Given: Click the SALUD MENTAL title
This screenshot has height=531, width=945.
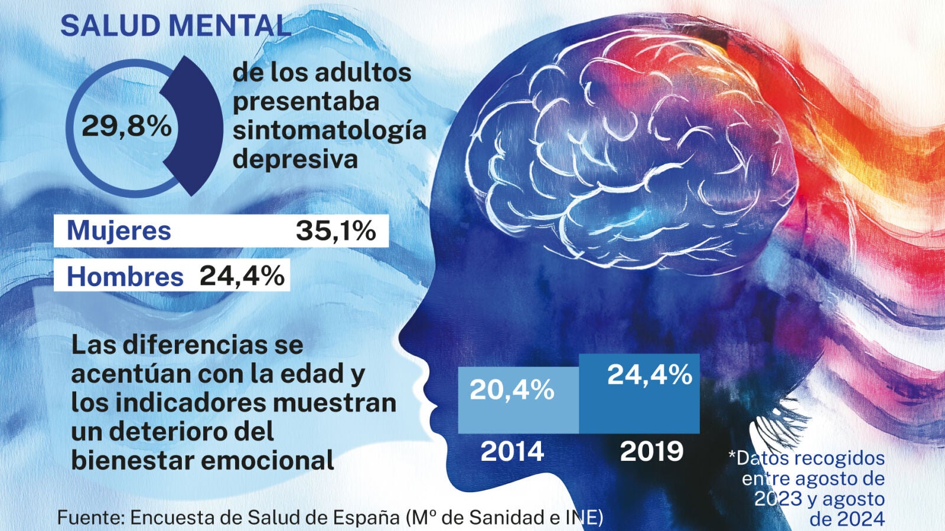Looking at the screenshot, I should (175, 26).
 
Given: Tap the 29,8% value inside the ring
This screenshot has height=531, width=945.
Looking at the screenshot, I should (126, 126).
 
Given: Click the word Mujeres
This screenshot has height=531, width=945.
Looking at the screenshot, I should (119, 230).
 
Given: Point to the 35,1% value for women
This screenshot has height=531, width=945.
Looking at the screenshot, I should (335, 231).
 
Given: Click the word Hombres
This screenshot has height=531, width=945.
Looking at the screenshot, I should (125, 277).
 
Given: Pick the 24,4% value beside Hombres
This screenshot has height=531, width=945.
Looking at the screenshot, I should (242, 276).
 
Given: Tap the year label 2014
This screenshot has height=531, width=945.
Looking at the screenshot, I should (512, 451).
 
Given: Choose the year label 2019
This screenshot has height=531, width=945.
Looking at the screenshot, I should (651, 451).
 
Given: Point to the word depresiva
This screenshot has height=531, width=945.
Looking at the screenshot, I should (295, 159).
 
